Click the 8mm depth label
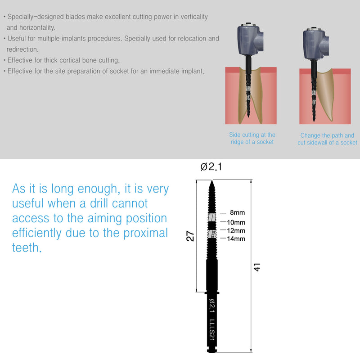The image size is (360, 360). [x=237, y=212]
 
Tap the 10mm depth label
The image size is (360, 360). [x=236, y=223]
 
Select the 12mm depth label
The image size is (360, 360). [x=236, y=230]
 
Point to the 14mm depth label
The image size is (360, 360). [x=236, y=238]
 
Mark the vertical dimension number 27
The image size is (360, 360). [x=191, y=236]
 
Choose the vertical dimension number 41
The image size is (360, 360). [x=257, y=267]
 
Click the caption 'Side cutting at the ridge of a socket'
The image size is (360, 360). [x=252, y=138]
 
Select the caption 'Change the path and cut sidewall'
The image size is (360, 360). [x=327, y=139]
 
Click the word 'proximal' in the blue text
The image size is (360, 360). [x=144, y=233]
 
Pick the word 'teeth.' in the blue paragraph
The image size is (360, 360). [x=27, y=248]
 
